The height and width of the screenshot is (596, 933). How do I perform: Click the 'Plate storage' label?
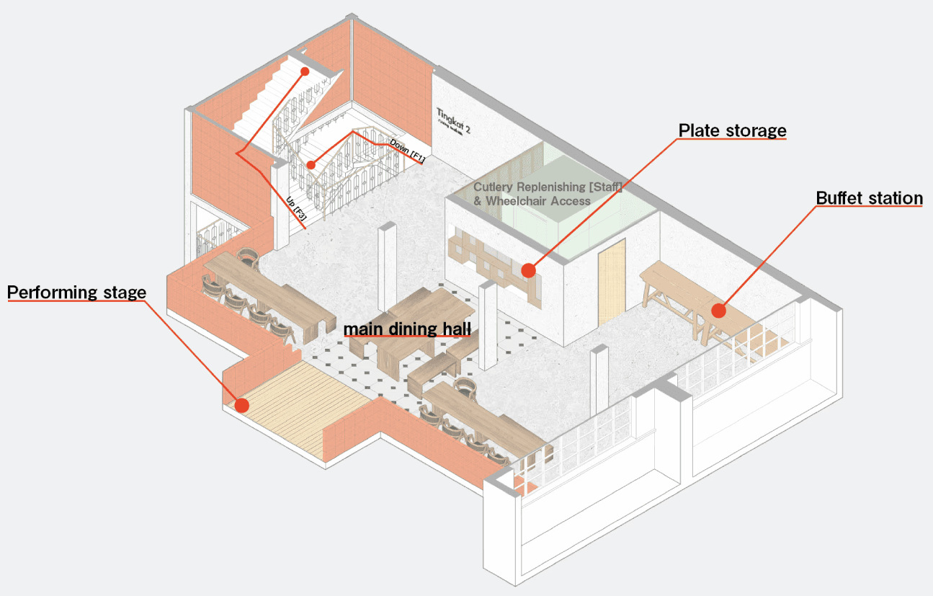click(x=732, y=130)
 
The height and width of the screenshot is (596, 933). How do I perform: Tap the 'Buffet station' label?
click(x=869, y=198)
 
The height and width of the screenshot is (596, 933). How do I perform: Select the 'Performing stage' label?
click(x=76, y=293)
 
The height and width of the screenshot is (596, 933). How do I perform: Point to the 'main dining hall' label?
click(x=407, y=329)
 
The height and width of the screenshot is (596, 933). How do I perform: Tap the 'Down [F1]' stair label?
click(x=406, y=150)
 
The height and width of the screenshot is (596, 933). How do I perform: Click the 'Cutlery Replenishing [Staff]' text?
click(x=548, y=187)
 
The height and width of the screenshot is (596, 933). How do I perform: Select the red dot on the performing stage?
click(x=242, y=405)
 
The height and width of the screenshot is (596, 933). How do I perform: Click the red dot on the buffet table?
click(x=718, y=311)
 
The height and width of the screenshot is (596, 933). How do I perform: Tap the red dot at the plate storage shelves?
click(x=528, y=270)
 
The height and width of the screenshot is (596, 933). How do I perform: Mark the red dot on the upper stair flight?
click(x=305, y=71)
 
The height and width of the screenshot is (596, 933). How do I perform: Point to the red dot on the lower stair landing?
click(x=311, y=165)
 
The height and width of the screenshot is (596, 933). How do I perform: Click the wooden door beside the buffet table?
click(x=612, y=282)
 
